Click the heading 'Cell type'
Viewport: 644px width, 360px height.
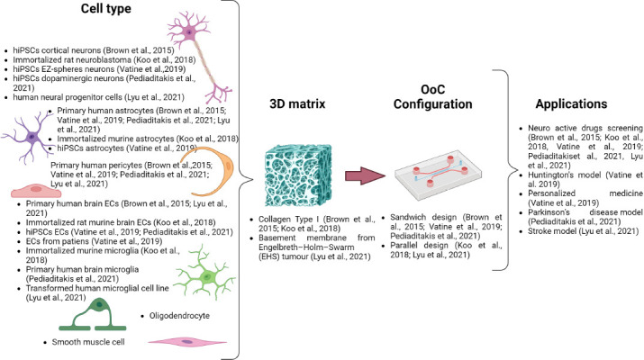tap(106, 9)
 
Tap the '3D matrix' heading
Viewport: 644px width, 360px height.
tap(297, 103)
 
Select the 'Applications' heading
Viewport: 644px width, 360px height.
tap(571, 103)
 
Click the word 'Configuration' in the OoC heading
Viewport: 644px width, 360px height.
tap(433, 104)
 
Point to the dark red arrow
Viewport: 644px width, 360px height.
tap(365, 175)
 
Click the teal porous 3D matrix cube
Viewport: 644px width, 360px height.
tap(298, 175)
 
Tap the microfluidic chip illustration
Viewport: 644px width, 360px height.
tap(439, 175)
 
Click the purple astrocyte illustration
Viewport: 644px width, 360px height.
tap(30, 137)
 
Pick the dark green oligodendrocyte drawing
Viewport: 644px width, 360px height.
tap(94, 314)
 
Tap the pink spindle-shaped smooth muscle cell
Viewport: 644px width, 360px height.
tap(187, 341)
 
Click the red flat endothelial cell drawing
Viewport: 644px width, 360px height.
tap(36, 191)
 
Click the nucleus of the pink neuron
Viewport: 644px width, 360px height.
tap(189, 32)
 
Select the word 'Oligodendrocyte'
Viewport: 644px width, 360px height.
tap(179, 316)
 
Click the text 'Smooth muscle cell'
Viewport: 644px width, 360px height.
tap(88, 342)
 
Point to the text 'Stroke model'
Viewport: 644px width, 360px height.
tap(552, 231)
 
